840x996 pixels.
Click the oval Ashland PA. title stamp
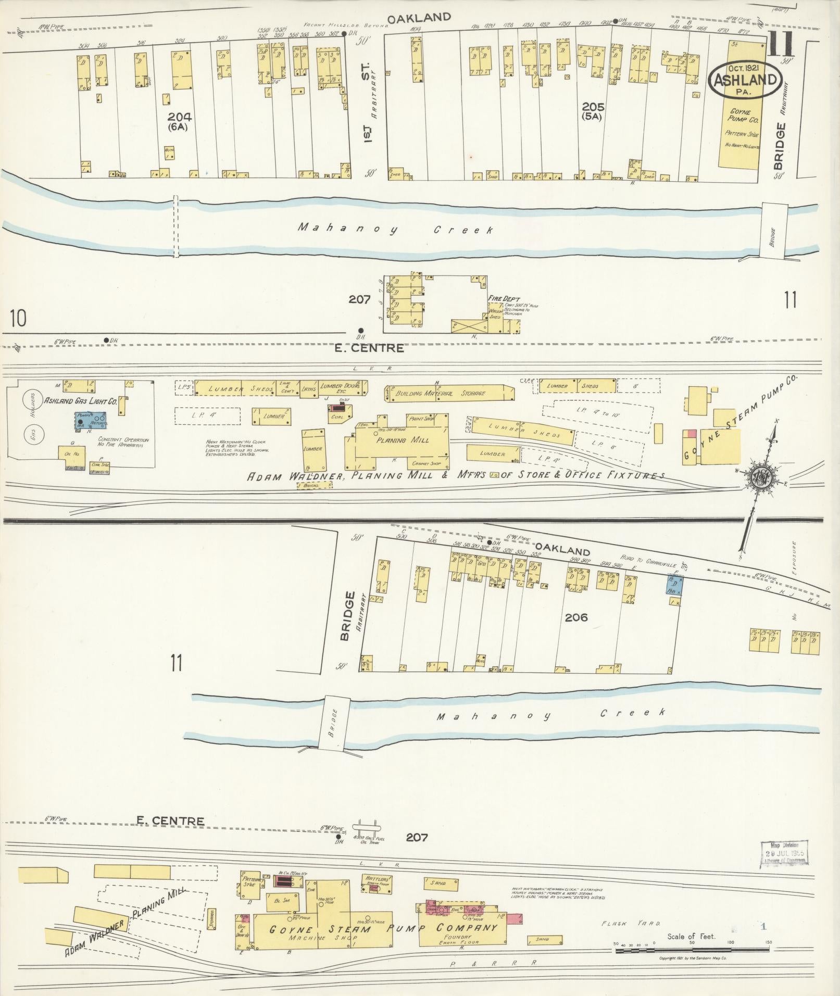point(746,80)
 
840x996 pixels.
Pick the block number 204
point(179,117)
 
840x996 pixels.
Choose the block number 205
point(593,107)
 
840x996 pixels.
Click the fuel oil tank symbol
point(367,826)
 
